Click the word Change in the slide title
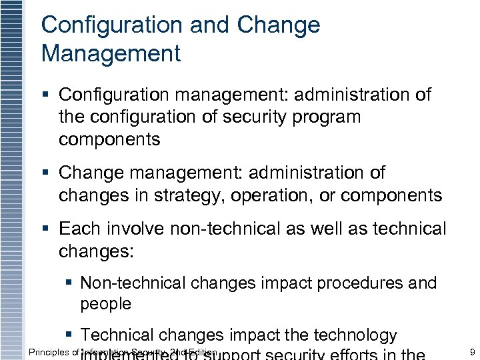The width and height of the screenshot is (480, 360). (279, 25)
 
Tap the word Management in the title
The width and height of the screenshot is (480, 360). (111, 53)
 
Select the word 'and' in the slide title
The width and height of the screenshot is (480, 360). (209, 25)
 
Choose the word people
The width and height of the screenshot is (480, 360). (106, 304)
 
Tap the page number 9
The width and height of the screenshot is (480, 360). (472, 352)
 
